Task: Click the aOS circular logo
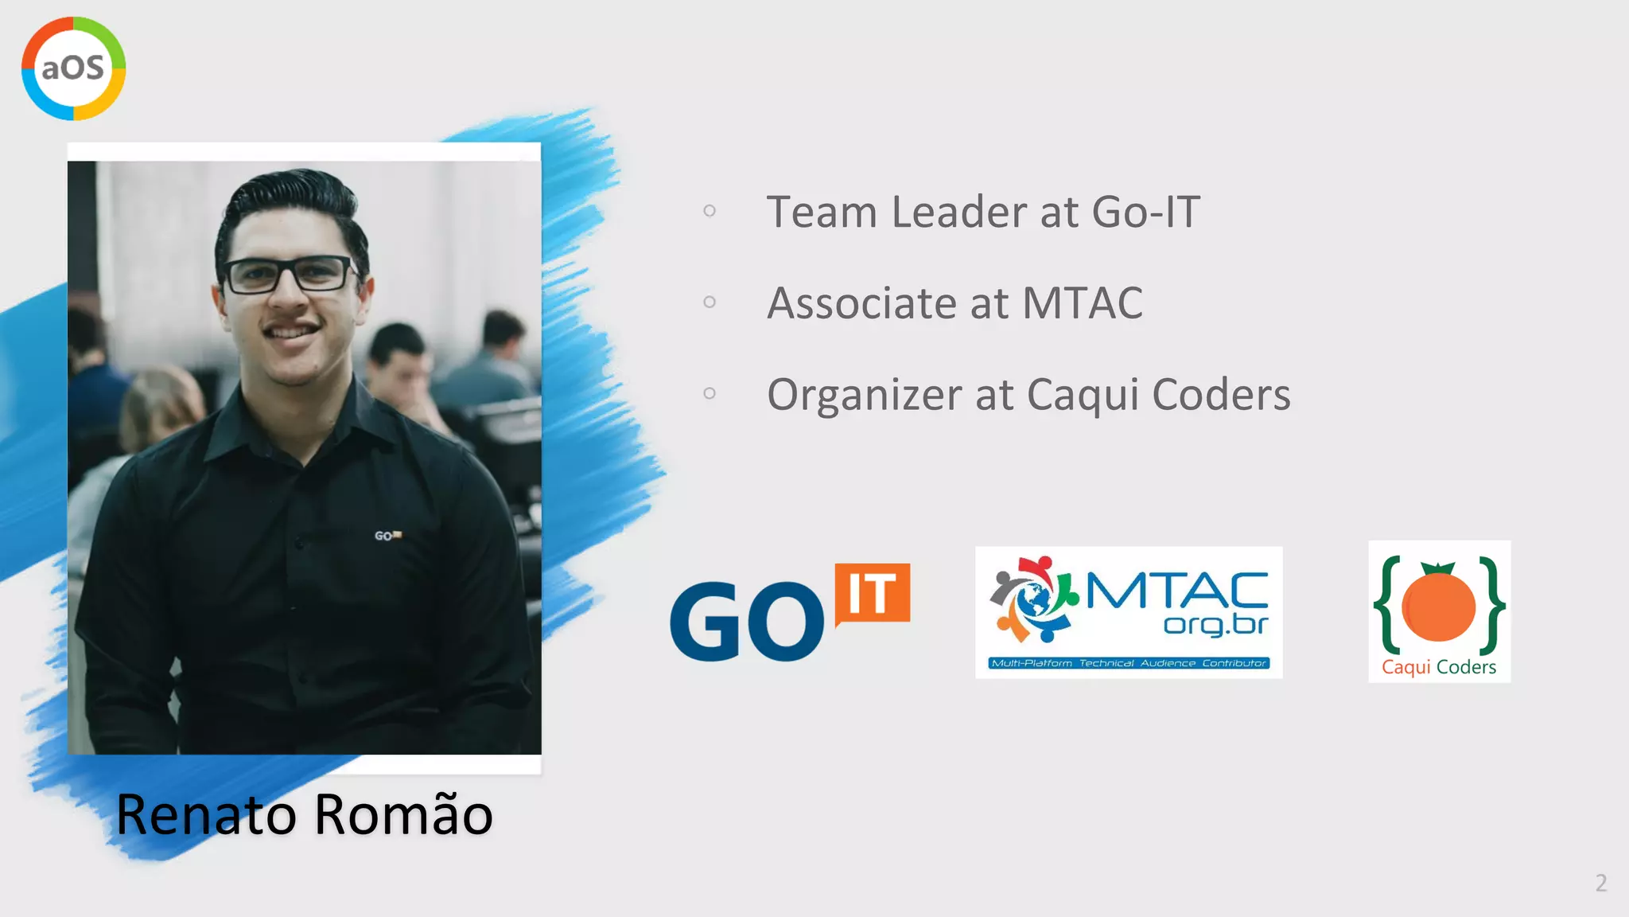(73, 68)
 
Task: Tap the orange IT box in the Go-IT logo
(873, 593)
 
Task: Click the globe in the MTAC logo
(1034, 600)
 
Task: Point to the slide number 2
(1600, 883)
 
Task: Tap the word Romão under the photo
(403, 815)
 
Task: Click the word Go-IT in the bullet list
(1145, 213)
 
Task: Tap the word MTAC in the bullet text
(1082, 304)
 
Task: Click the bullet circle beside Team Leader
(710, 211)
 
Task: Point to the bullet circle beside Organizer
(710, 393)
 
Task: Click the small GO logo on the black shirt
(387, 536)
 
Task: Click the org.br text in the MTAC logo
(1215, 625)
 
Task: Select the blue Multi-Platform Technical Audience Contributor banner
(1129, 663)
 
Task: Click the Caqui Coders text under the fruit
(1438, 667)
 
